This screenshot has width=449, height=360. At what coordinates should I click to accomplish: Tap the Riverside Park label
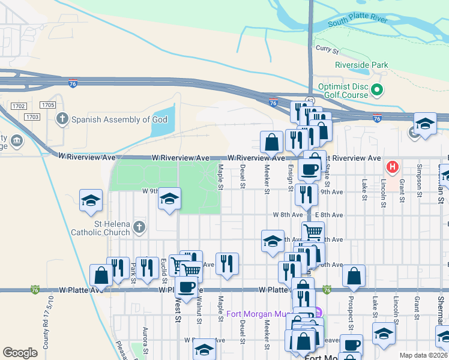(x=361, y=65)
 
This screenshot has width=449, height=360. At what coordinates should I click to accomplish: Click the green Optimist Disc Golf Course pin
(x=377, y=91)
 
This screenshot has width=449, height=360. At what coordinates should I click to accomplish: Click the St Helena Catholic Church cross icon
(x=139, y=227)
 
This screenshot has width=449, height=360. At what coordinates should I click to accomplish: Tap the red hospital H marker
(x=393, y=166)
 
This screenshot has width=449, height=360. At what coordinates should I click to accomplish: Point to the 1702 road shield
(x=19, y=106)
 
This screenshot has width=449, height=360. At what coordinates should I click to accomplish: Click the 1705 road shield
(x=48, y=105)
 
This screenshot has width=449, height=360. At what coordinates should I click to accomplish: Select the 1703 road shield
(x=32, y=116)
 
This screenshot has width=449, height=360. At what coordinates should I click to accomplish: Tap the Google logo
(x=20, y=352)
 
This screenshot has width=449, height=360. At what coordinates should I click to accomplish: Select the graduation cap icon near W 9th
(x=170, y=199)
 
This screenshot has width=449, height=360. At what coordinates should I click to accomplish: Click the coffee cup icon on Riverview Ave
(x=310, y=169)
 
